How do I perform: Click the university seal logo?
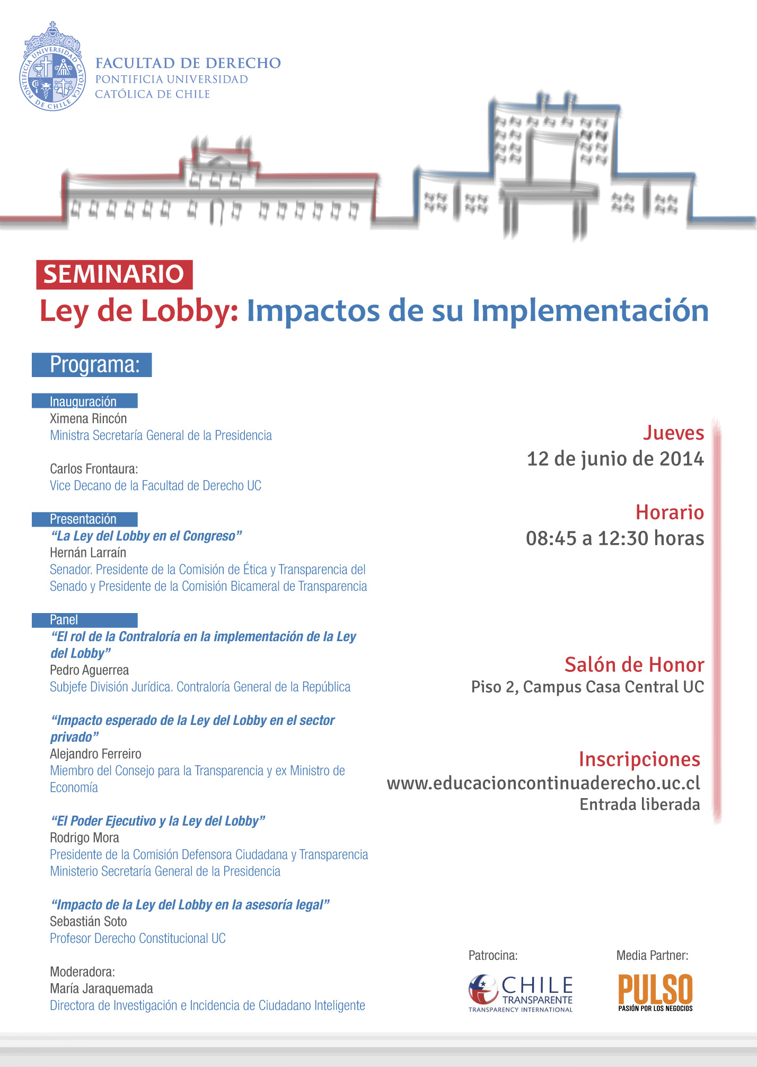coord(52,68)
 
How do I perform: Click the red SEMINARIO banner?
coord(114,274)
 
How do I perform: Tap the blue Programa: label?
coord(92,365)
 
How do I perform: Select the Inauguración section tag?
coord(84,401)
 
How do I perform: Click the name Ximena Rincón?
coord(88,418)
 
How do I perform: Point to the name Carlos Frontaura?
coord(93,469)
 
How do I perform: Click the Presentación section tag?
coord(84,519)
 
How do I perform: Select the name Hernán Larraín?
coord(88,553)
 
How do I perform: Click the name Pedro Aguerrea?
coord(89,670)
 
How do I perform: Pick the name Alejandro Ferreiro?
coord(95,754)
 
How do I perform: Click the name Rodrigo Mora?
coord(84,838)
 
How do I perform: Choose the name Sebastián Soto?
coord(88,922)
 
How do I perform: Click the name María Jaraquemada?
coord(101,989)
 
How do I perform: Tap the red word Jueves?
coord(673,433)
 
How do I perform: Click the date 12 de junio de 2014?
coord(615,459)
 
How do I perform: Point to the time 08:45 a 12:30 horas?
coord(615,538)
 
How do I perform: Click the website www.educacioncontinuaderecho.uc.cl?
coord(543,783)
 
